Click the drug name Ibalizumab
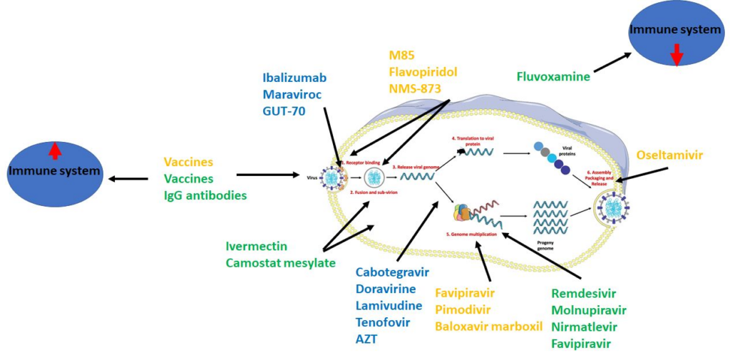click(x=294, y=78)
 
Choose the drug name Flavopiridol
click(x=423, y=72)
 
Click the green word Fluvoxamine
click(x=553, y=76)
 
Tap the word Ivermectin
click(x=256, y=246)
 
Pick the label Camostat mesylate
click(x=280, y=262)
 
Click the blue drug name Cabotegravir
click(x=392, y=273)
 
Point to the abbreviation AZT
click(x=368, y=339)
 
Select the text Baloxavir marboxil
click(x=485, y=326)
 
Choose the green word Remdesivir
click(x=583, y=294)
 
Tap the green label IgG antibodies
click(x=205, y=195)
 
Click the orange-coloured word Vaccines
click(x=188, y=162)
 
